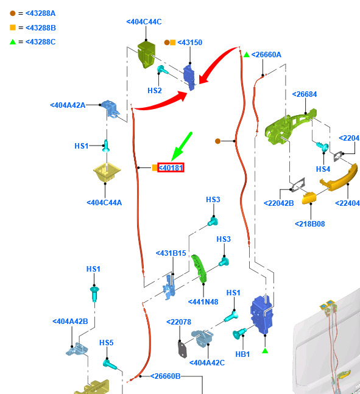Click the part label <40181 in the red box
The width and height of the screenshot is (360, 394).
(171, 167)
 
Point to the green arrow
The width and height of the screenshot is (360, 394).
(182, 147)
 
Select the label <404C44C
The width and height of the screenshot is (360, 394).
(144, 22)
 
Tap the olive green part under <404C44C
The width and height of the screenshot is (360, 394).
(146, 55)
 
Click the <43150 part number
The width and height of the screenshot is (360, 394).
(190, 43)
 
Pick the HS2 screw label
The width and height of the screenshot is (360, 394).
(155, 91)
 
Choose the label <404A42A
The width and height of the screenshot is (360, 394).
(68, 105)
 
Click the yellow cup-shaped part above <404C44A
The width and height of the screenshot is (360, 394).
(107, 172)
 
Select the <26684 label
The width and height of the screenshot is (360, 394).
(305, 94)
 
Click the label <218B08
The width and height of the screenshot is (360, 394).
(309, 223)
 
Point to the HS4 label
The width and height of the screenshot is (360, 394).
(323, 169)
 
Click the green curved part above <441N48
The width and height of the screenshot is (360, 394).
(199, 269)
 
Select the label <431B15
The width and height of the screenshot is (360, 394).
(171, 253)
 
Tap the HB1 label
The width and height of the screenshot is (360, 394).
(242, 354)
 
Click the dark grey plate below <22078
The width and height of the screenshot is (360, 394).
(182, 349)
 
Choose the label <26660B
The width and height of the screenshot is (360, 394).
(166, 376)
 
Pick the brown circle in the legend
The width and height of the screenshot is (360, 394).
(13, 13)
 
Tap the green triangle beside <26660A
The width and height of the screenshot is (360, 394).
(246, 55)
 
